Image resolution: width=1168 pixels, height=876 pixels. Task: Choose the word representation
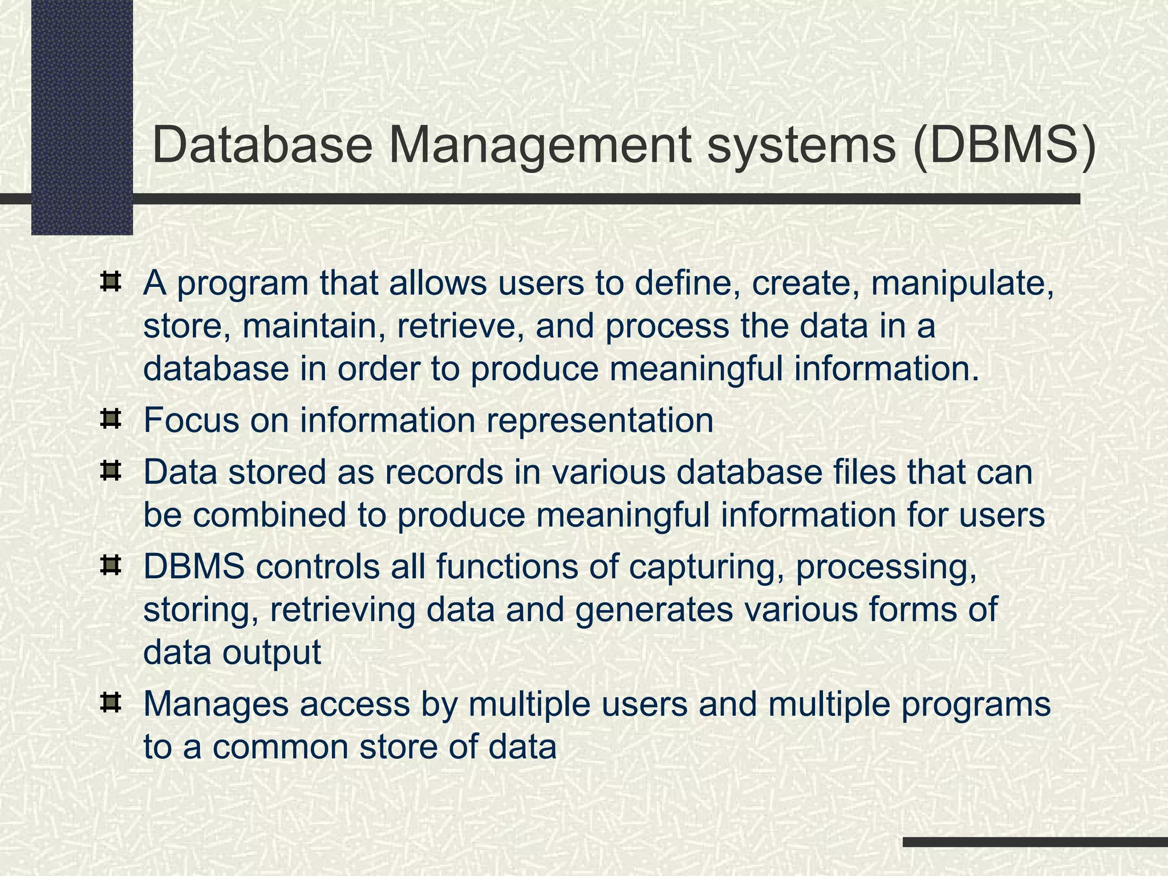tap(600, 420)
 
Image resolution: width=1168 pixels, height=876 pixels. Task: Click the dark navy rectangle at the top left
tap(82, 117)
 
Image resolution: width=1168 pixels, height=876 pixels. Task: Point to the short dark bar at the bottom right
tap(1035, 842)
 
